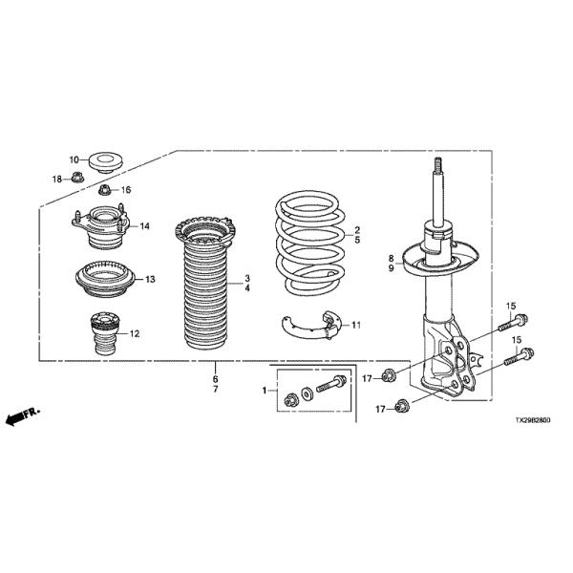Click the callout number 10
(74, 159)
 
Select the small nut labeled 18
(78, 178)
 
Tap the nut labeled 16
(105, 190)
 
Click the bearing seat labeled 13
(105, 279)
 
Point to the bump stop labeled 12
(105, 333)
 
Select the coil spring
(309, 243)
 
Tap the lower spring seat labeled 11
(313, 326)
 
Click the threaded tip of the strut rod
(438, 163)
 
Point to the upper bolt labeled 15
(513, 322)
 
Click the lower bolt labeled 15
(519, 356)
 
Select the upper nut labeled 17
(388, 375)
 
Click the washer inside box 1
(307, 393)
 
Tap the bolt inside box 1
(331, 383)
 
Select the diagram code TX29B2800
(533, 420)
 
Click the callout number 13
(150, 279)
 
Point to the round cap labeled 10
(106, 162)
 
